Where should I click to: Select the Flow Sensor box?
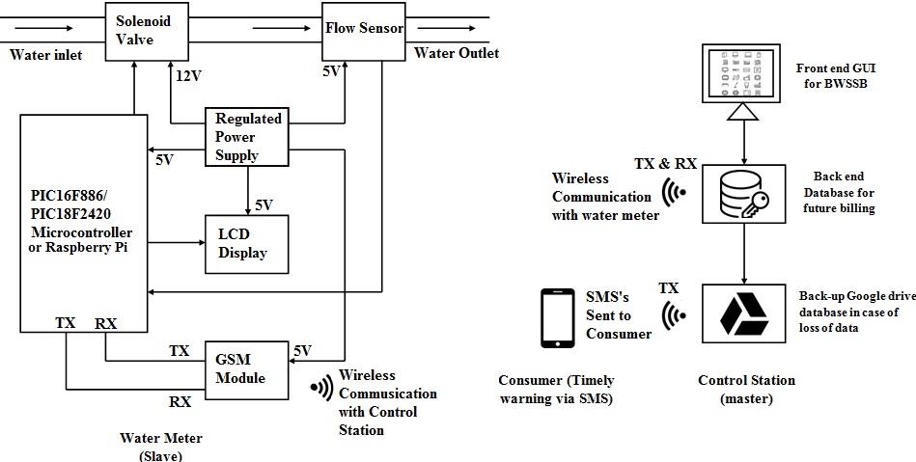(x=364, y=30)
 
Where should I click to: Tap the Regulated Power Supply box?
(x=248, y=137)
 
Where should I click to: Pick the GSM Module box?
(x=247, y=368)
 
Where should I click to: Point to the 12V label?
(x=189, y=75)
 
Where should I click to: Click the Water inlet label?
(x=45, y=55)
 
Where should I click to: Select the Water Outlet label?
(x=457, y=53)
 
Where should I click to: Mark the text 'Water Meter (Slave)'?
(x=160, y=447)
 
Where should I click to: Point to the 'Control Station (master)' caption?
(x=746, y=389)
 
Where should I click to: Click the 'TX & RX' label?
(x=665, y=163)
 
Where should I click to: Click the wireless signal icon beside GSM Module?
(x=319, y=388)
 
